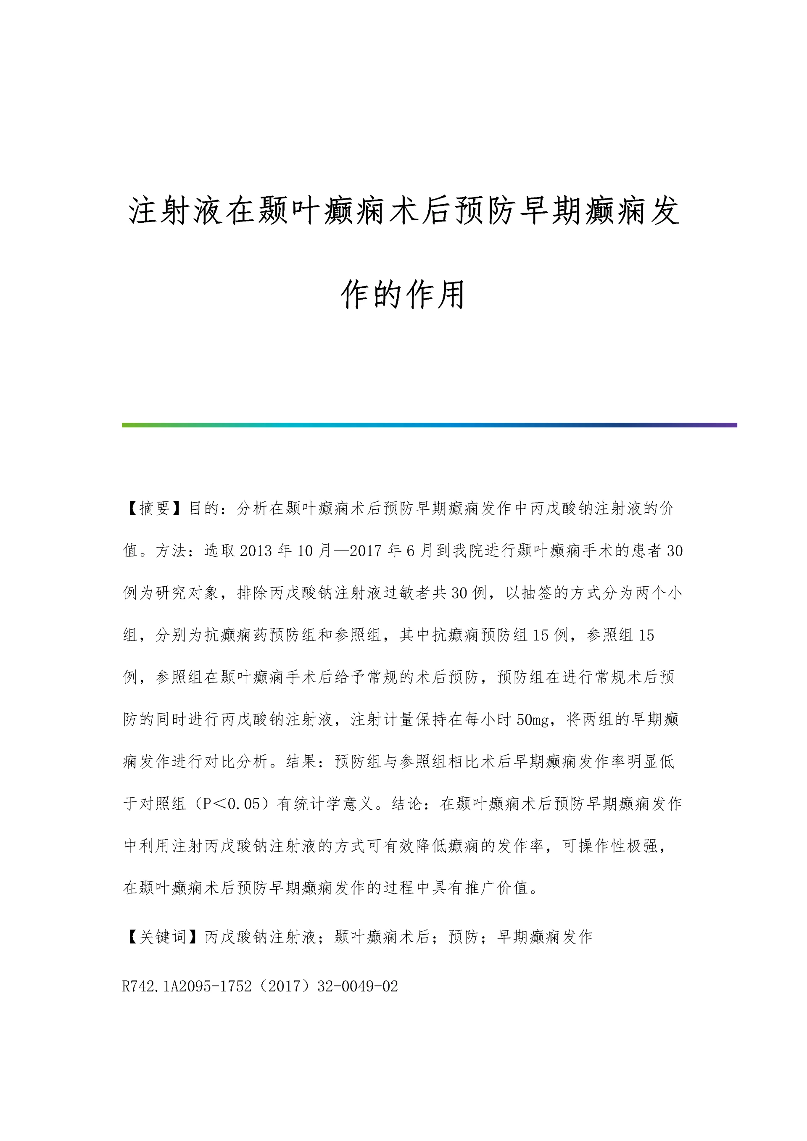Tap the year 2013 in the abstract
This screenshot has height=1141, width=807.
pos(256,551)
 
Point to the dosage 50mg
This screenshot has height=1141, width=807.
pos(532,719)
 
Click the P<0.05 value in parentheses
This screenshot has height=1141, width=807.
pos(231,804)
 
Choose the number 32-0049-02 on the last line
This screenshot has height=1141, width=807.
pos(358,986)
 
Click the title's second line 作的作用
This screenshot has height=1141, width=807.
pos(403,295)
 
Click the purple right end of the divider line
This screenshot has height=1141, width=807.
pos(728,425)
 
